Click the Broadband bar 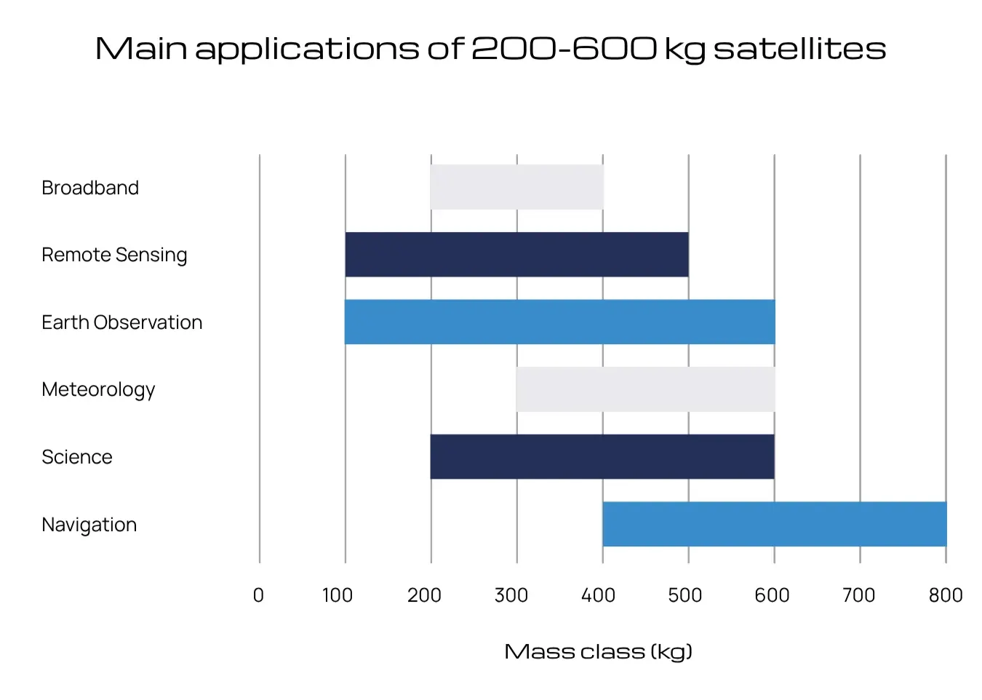tap(516, 187)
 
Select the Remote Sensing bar tap(516, 255)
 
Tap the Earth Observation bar tap(559, 322)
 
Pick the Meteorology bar tap(645, 389)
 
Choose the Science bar tap(602, 456)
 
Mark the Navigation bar tap(774, 524)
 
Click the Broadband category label tap(90, 188)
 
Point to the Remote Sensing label tap(114, 255)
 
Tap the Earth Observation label tap(122, 322)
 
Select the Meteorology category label tap(98, 390)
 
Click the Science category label tap(77, 457)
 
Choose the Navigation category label tap(89, 525)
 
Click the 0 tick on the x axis tap(258, 595)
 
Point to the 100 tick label tap(338, 595)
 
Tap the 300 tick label tap(511, 595)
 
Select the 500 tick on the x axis tap(685, 595)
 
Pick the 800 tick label tap(946, 595)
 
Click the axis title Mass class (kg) tap(598, 651)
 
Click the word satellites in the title tap(799, 49)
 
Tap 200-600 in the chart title tap(564, 49)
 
